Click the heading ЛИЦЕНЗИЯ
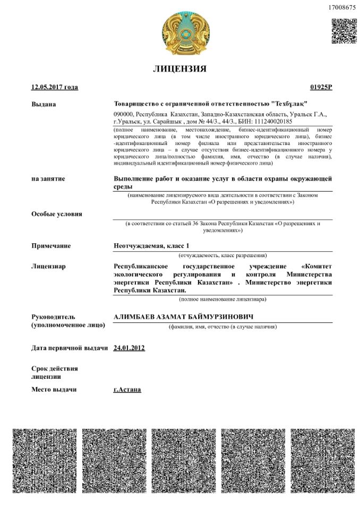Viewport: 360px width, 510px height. (x=179, y=69)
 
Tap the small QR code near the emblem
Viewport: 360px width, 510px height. (x=344, y=31)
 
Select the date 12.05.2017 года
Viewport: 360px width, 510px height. (x=55, y=87)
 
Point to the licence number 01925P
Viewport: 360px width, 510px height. (x=321, y=87)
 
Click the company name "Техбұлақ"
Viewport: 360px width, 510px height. (x=289, y=104)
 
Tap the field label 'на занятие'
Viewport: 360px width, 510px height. (x=48, y=179)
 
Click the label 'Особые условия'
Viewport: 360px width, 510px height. (x=57, y=214)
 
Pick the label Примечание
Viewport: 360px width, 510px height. (x=51, y=246)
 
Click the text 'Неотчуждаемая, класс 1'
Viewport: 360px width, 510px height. (x=151, y=246)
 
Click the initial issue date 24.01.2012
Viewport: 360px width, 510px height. (x=130, y=348)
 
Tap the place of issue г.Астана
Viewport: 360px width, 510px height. (x=127, y=389)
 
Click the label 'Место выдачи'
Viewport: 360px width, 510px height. (x=54, y=389)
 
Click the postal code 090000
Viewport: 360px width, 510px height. (x=123, y=114)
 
